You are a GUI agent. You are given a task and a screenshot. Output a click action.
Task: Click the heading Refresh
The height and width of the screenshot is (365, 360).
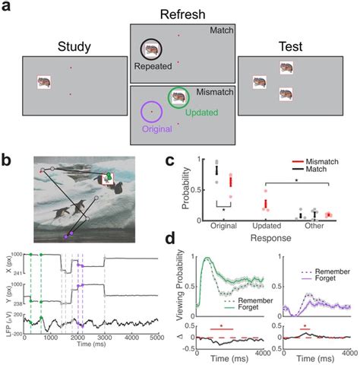tap(179, 15)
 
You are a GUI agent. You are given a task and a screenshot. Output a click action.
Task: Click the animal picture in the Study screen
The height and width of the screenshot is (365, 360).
tap(46, 81)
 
